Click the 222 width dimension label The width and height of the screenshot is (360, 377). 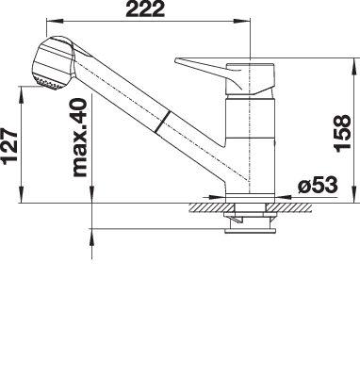[x=145, y=9]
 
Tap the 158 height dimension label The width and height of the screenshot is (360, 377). [x=342, y=134]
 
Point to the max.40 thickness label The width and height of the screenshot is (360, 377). [x=79, y=138]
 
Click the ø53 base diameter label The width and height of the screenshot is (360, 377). [x=318, y=185]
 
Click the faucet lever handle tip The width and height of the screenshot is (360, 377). [x=177, y=61]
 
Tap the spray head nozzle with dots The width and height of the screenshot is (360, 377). [x=51, y=82]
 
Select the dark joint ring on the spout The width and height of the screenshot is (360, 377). [x=163, y=120]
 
